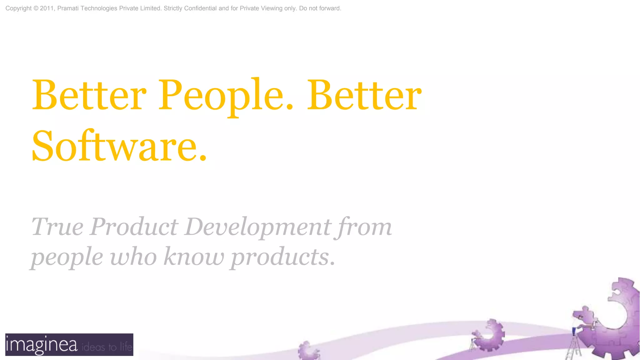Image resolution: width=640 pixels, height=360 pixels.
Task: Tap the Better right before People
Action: pyautogui.click(x=89, y=95)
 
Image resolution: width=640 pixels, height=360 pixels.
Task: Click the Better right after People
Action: pyautogui.click(x=364, y=95)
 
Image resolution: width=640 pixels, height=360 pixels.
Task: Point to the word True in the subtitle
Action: pyautogui.click(x=57, y=227)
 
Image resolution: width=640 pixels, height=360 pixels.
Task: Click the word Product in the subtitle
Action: pyautogui.click(x=134, y=227)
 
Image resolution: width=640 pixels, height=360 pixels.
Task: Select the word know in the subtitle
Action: pyautogui.click(x=194, y=257)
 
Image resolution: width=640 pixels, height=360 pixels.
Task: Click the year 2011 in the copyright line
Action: pyautogui.click(x=47, y=8)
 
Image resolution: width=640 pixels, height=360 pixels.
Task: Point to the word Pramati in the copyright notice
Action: pyautogui.click(x=68, y=8)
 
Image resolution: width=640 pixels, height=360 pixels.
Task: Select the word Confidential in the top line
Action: pyautogui.click(x=200, y=8)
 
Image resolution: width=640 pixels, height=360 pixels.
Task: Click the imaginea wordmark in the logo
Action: pyautogui.click(x=42, y=345)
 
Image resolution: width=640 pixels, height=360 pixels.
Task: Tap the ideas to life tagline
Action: pyautogui.click(x=107, y=347)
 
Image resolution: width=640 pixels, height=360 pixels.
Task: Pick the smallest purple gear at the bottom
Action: pyautogui.click(x=307, y=351)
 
